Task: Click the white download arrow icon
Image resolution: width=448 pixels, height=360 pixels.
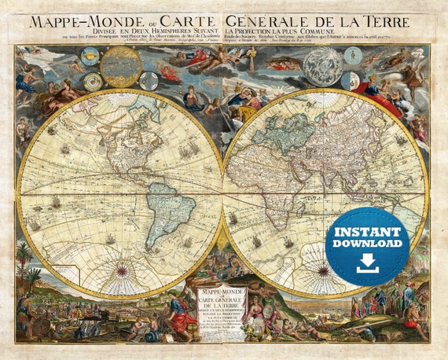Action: point(367,265)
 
